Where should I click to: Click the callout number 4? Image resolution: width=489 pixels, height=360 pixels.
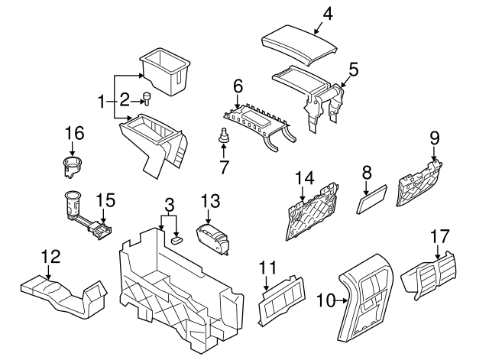tap(328, 13)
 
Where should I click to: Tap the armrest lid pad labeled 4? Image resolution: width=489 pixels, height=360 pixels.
tap(298, 41)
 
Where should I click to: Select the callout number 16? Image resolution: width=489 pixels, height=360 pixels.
tap(73, 133)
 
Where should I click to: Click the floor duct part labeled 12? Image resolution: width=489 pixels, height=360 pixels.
tap(61, 295)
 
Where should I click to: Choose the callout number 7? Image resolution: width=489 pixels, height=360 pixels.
tap(224, 166)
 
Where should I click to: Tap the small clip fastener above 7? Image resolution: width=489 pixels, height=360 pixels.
tap(224, 138)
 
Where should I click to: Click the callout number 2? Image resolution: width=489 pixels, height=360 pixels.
tap(124, 99)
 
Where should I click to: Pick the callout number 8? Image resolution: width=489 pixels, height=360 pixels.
tap(366, 174)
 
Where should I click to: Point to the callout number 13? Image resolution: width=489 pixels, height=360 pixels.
tap(210, 202)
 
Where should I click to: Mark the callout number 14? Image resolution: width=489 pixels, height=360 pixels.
tap(305, 178)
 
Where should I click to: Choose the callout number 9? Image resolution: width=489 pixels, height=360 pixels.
tap(434, 138)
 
